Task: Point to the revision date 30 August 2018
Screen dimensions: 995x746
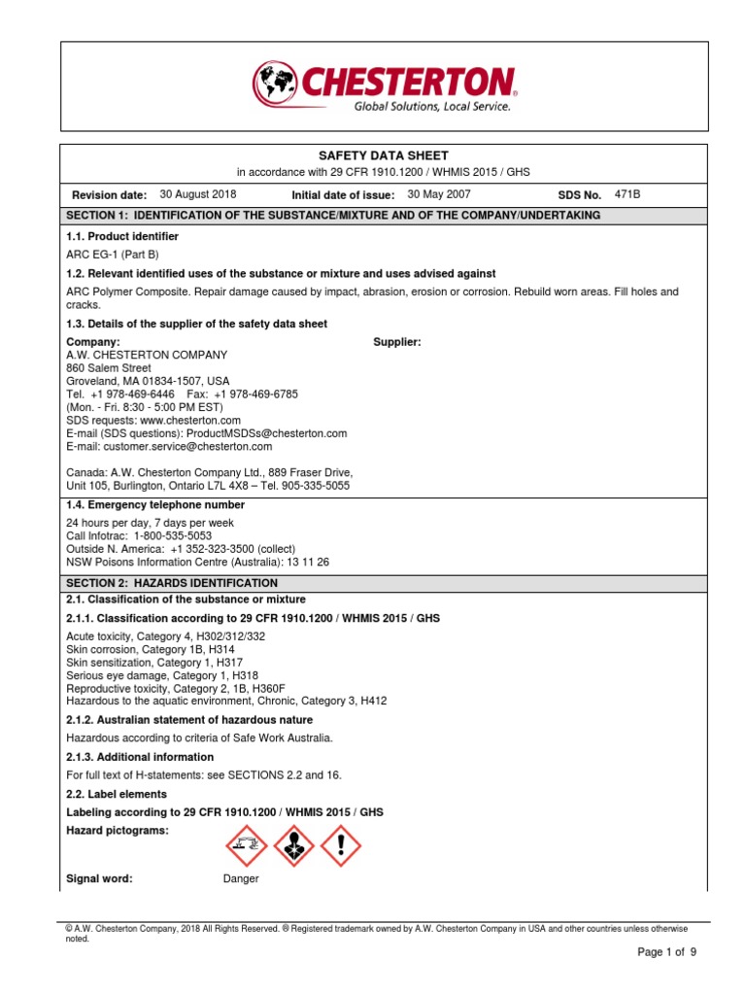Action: pos(198,194)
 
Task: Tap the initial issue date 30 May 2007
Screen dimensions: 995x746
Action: pos(439,194)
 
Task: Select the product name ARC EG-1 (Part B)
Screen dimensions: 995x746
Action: pos(112,255)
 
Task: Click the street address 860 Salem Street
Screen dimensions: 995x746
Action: pos(109,368)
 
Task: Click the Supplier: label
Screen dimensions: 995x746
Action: pos(397,342)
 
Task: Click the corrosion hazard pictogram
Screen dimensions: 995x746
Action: pos(245,845)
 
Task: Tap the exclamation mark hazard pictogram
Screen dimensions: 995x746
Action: pos(340,845)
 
